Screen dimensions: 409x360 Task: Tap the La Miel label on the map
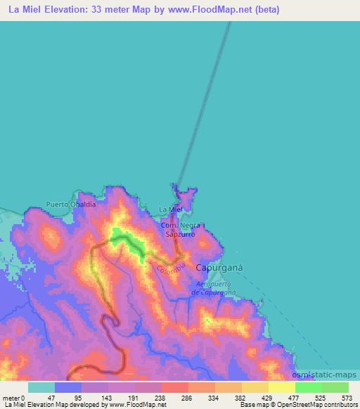point(171,209)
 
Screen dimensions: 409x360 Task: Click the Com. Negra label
point(181,225)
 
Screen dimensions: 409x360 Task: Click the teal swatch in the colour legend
point(41,387)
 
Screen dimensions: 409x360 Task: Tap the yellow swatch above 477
point(281,387)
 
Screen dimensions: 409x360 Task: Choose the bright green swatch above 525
point(308,387)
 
